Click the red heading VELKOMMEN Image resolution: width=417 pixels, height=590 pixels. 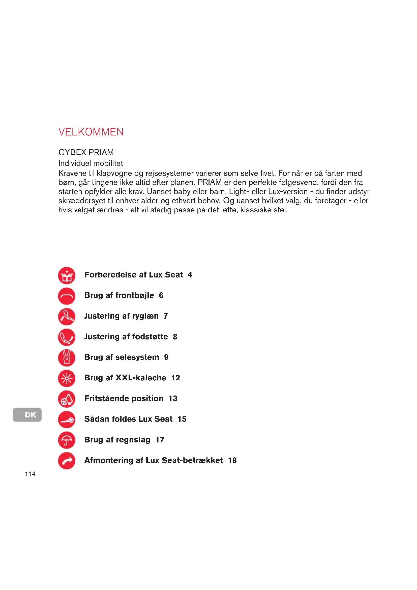pos(91,132)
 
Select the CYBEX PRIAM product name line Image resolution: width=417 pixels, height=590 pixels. pos(86,152)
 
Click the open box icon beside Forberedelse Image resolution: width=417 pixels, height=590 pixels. pos(67,275)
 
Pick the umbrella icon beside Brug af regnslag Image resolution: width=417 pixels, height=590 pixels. pos(67,440)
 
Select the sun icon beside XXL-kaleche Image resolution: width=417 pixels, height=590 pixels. pos(67,378)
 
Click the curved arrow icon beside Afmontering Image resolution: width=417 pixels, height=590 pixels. pos(67,461)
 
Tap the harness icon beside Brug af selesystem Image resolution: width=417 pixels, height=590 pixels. pos(67,358)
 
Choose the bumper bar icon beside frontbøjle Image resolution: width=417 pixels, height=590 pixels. pos(67,296)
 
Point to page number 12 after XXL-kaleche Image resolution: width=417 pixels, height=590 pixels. pos(176,378)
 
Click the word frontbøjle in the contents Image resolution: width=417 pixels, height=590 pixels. pos(135,296)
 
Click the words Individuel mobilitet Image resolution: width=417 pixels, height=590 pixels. pos(91,163)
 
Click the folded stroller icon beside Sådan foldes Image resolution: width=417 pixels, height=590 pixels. pos(67,420)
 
